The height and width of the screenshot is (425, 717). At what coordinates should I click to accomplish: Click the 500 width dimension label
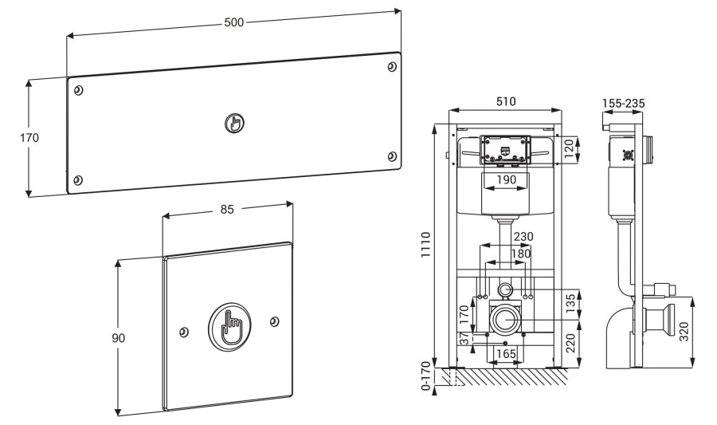click(234, 22)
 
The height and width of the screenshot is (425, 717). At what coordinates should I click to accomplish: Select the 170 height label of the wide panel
click(29, 138)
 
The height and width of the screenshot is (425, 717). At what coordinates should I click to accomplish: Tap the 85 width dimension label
click(227, 210)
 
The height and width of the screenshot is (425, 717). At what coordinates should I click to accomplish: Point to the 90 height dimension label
click(119, 338)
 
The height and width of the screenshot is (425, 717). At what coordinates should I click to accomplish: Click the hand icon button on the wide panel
click(234, 123)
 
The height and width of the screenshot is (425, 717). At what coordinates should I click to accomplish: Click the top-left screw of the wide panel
click(79, 91)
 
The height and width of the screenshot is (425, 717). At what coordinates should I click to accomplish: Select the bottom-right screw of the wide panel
click(392, 156)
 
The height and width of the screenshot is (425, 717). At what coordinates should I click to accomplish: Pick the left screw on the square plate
click(184, 331)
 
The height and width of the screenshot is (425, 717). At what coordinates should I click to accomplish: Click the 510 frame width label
click(506, 101)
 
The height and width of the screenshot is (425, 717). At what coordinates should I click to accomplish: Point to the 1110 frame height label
click(425, 245)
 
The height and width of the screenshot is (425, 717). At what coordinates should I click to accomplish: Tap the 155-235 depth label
click(623, 104)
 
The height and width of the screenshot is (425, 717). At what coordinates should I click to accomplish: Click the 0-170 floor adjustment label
click(425, 376)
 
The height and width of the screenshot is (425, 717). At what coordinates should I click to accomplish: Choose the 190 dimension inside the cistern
click(506, 179)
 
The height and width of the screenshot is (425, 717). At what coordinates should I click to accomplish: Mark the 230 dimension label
click(523, 237)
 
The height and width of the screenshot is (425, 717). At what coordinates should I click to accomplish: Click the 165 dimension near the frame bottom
click(506, 353)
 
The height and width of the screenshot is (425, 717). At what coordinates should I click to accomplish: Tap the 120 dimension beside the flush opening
click(570, 149)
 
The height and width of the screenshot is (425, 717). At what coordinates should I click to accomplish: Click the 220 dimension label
click(570, 343)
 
